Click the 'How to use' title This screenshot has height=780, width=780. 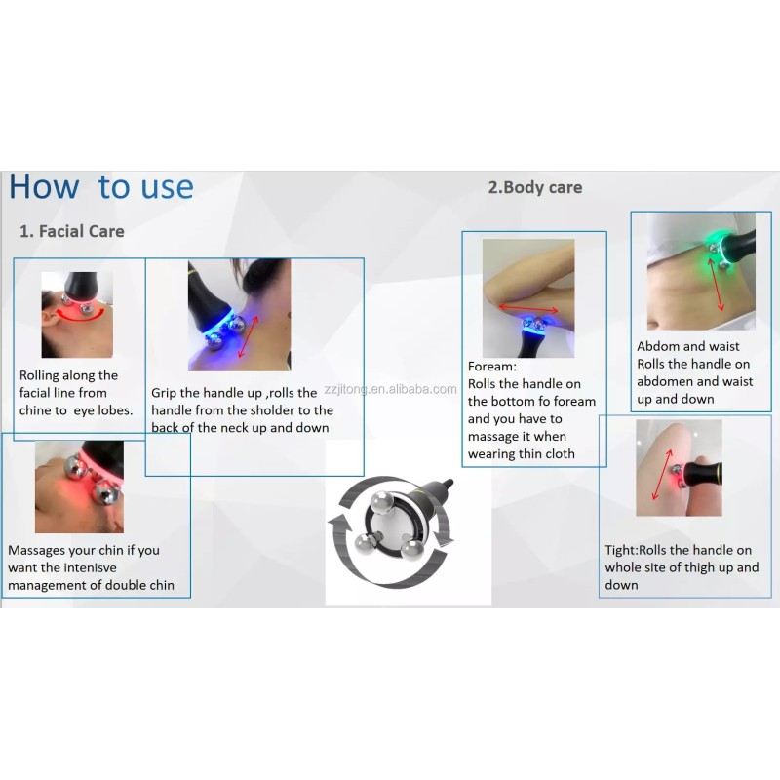101,187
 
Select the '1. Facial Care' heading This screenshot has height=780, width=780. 71,231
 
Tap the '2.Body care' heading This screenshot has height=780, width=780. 535,187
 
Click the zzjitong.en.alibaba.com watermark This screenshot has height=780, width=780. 391,389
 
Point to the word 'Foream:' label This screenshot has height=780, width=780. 492,367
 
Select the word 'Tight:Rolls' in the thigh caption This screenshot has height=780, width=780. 636,550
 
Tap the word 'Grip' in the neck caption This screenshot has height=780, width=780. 164,394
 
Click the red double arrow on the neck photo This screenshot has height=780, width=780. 249,337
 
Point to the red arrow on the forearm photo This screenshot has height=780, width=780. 528,309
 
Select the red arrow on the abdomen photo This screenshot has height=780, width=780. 716,285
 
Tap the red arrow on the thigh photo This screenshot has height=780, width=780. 662,475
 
